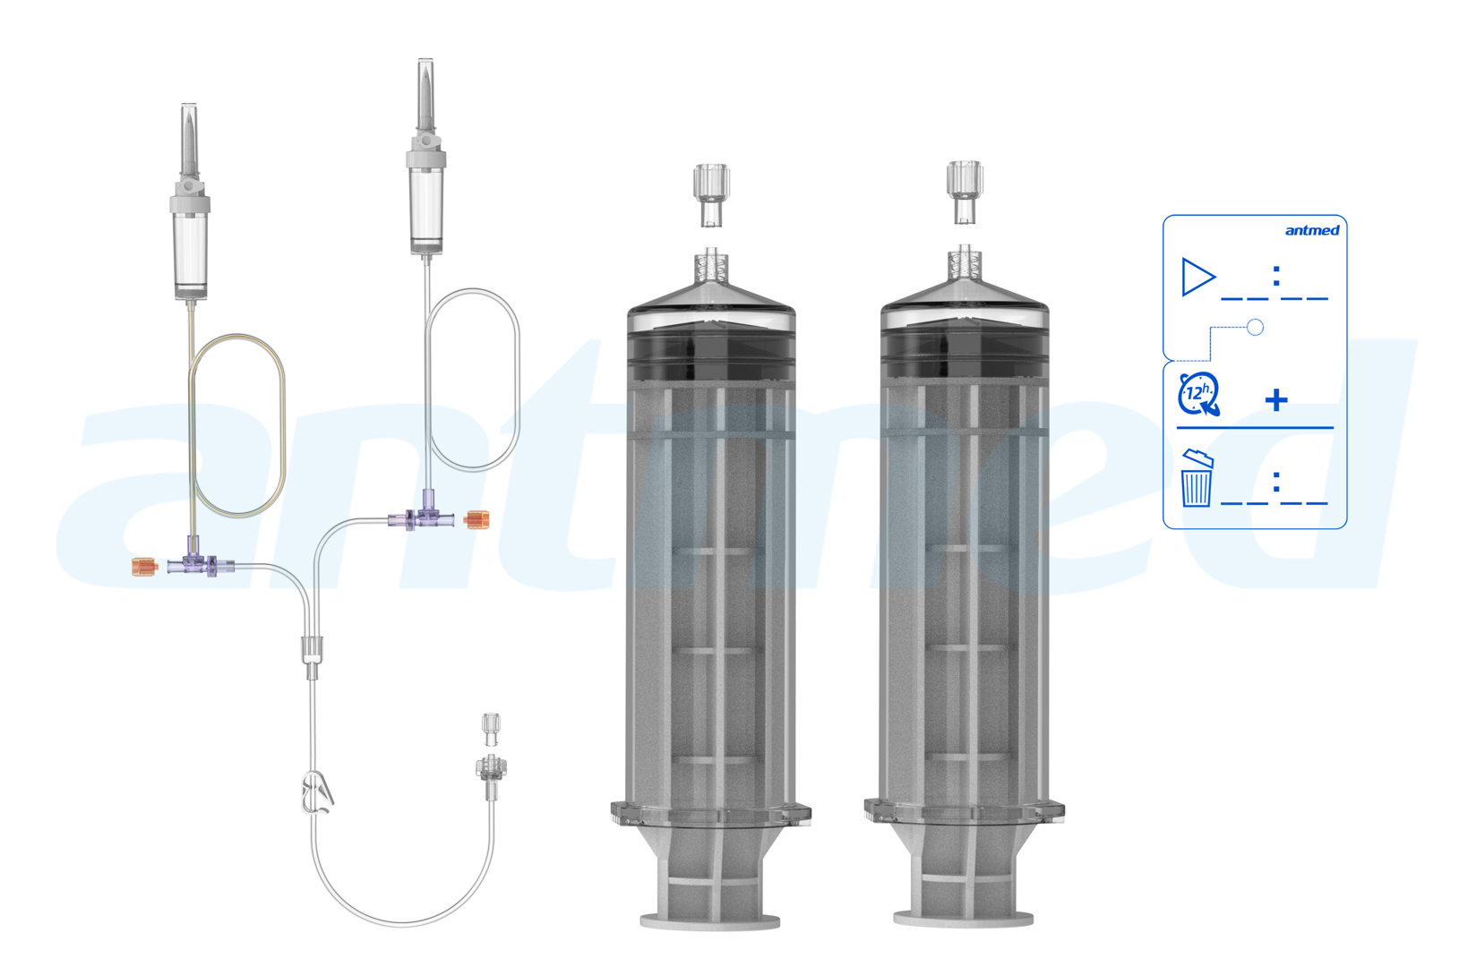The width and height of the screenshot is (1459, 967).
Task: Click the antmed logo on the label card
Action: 1311,231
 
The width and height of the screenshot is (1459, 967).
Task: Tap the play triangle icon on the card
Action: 1197,277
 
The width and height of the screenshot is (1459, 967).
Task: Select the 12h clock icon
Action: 1198,394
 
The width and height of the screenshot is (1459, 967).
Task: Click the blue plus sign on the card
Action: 1276,399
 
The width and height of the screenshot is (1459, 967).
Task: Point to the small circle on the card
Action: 1255,328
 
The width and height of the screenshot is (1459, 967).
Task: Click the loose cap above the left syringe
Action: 711,194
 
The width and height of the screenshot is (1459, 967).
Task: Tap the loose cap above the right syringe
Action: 965,191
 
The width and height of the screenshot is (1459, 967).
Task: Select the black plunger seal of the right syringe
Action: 965,354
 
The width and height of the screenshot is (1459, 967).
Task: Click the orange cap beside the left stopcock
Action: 143,567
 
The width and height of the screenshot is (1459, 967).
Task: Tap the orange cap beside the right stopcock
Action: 477,519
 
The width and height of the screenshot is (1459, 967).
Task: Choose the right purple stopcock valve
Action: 425,517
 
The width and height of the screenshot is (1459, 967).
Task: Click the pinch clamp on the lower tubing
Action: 318,793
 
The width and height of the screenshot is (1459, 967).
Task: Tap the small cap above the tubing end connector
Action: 491,727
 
